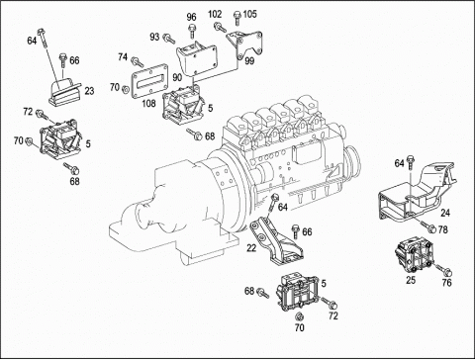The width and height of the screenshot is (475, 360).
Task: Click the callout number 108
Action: tap(148, 104)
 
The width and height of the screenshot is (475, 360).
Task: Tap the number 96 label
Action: tap(191, 17)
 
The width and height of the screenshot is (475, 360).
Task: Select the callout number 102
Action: tap(215, 14)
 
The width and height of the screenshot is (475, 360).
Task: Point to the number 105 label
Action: tap(249, 14)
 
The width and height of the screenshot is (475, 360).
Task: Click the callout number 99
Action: tap(249, 61)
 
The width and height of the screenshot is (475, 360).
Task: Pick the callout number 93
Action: tap(154, 37)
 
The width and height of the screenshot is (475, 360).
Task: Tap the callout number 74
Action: tap(123, 57)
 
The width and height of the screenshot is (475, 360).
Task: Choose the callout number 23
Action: tap(89, 91)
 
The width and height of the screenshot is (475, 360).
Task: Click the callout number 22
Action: tap(251, 248)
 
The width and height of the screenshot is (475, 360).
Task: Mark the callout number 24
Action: tap(445, 213)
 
